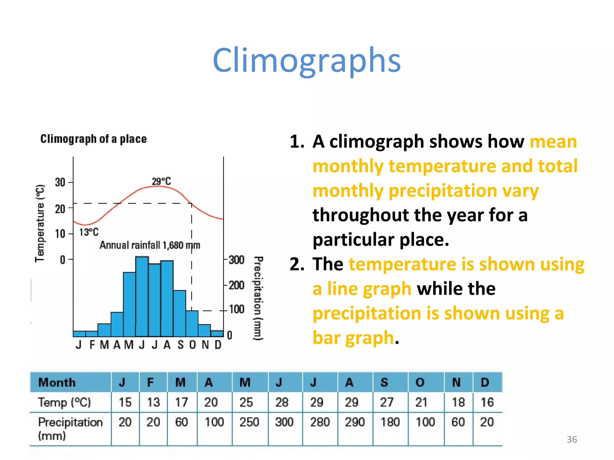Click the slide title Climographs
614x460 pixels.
pyautogui.click(x=306, y=60)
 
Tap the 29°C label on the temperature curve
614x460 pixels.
pyautogui.click(x=161, y=181)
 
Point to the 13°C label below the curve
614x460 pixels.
pyautogui.click(x=89, y=232)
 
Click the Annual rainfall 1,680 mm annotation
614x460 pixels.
pyautogui.click(x=150, y=245)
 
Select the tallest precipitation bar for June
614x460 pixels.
pyautogui.click(x=142, y=296)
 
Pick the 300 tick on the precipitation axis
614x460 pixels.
pyautogui.click(x=237, y=260)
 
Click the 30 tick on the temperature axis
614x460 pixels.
pyautogui.click(x=60, y=182)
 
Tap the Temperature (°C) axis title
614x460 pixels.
pyautogui.click(x=40, y=223)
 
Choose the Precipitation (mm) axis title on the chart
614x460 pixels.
pyautogui.click(x=258, y=298)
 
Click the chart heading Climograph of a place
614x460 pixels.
pyautogui.click(x=94, y=139)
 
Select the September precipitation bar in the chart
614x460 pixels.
pyautogui.click(x=180, y=313)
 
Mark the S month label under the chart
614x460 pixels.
pyautogui.click(x=180, y=345)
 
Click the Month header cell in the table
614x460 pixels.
pyautogui.click(x=57, y=382)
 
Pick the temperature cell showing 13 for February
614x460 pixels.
pyautogui.click(x=153, y=402)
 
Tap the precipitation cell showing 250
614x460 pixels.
pyautogui.click(x=249, y=422)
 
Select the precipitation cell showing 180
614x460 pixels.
pyautogui.click(x=390, y=422)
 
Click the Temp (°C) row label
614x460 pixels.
pyautogui.click(x=64, y=402)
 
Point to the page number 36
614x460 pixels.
pyautogui.click(x=572, y=439)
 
